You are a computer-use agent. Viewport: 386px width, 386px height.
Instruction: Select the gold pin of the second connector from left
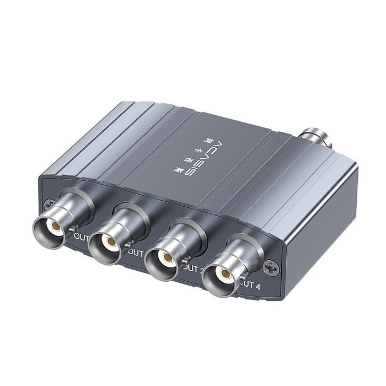click(111, 242)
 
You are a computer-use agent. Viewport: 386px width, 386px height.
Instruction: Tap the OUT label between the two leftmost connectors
click(82, 236)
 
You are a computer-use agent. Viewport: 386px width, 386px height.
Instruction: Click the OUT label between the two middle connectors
click(136, 252)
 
